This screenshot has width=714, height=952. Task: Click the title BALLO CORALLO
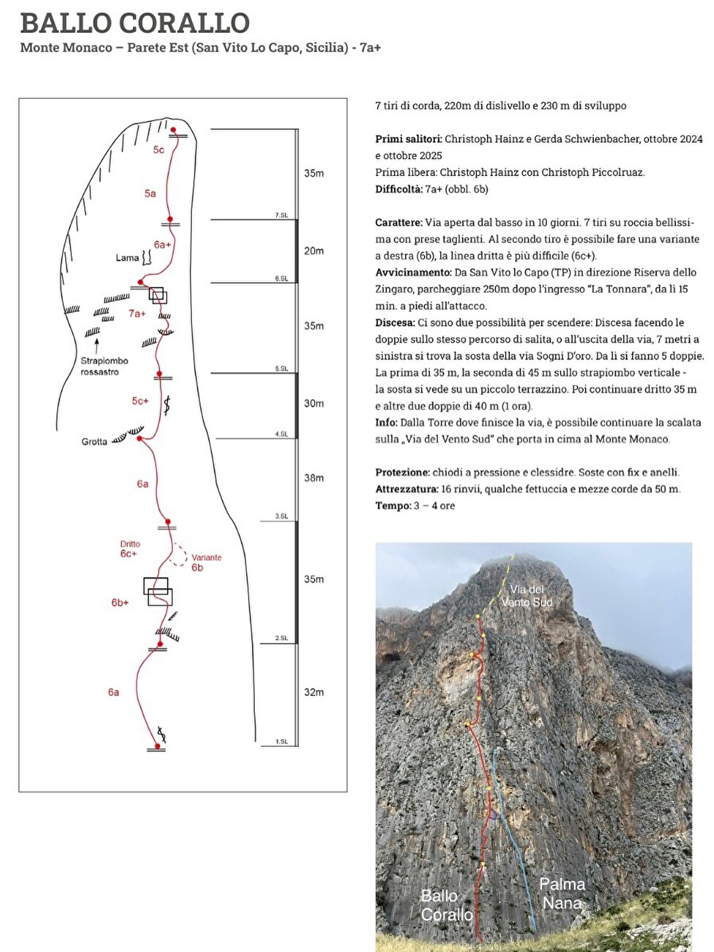(135, 23)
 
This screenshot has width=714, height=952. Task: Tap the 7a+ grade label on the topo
(137, 313)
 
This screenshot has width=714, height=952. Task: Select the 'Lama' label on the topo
(127, 258)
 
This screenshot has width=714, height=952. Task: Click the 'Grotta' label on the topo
(94, 442)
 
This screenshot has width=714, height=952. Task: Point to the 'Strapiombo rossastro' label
(104, 366)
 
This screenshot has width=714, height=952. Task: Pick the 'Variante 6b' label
(204, 562)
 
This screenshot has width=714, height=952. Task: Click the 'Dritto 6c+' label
(130, 549)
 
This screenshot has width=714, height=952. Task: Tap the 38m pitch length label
(313, 477)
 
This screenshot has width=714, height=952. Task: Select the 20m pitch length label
(313, 250)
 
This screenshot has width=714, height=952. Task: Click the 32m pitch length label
(313, 692)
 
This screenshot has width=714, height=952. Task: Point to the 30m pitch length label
(313, 404)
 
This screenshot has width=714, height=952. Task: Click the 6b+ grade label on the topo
(120, 603)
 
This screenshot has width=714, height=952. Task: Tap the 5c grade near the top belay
(158, 149)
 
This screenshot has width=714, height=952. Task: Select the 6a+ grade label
(162, 245)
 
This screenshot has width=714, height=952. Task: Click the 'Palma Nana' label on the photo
(562, 893)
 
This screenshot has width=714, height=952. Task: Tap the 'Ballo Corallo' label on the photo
(446, 905)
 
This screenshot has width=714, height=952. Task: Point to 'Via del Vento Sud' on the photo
(527, 595)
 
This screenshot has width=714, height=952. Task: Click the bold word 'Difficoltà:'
(398, 189)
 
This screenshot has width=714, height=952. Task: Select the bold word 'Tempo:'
(393, 505)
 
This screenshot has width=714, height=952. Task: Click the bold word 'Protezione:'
(402, 472)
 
